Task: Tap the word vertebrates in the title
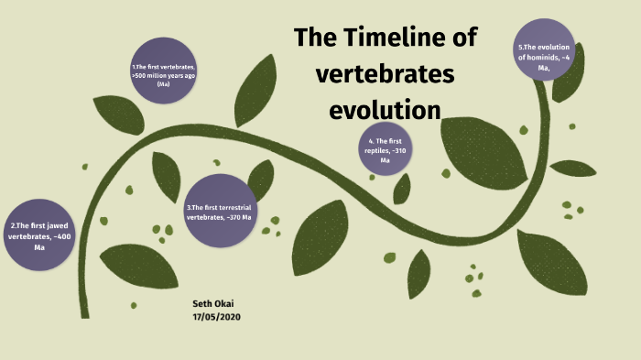click(x=385, y=74)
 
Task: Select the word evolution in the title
click(x=385, y=110)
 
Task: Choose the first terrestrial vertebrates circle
click(x=220, y=212)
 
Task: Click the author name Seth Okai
click(x=215, y=303)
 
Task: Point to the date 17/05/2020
click(x=217, y=316)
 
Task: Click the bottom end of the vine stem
click(x=84, y=313)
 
